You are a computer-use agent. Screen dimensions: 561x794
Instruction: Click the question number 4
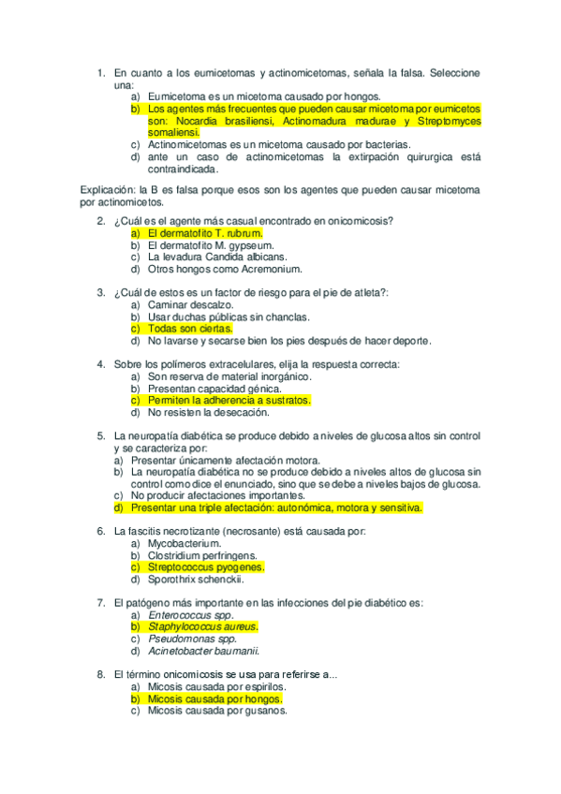coord(101,364)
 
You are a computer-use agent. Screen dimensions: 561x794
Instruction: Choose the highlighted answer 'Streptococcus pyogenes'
coord(206,566)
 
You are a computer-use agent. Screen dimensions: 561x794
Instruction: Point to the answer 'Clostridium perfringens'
coord(202,555)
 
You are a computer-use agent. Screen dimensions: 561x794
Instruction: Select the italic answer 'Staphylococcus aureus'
coord(202,626)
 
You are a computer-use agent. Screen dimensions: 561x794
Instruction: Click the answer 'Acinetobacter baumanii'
coord(203,651)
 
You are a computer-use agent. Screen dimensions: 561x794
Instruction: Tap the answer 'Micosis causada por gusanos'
coord(217,711)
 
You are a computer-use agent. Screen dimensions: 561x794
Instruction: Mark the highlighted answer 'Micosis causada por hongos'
coord(214,698)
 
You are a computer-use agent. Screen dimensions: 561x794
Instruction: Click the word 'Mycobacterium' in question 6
coord(185,543)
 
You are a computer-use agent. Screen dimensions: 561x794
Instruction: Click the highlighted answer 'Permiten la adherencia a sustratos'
coord(229,400)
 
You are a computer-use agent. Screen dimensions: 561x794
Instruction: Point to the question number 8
coord(101,674)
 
